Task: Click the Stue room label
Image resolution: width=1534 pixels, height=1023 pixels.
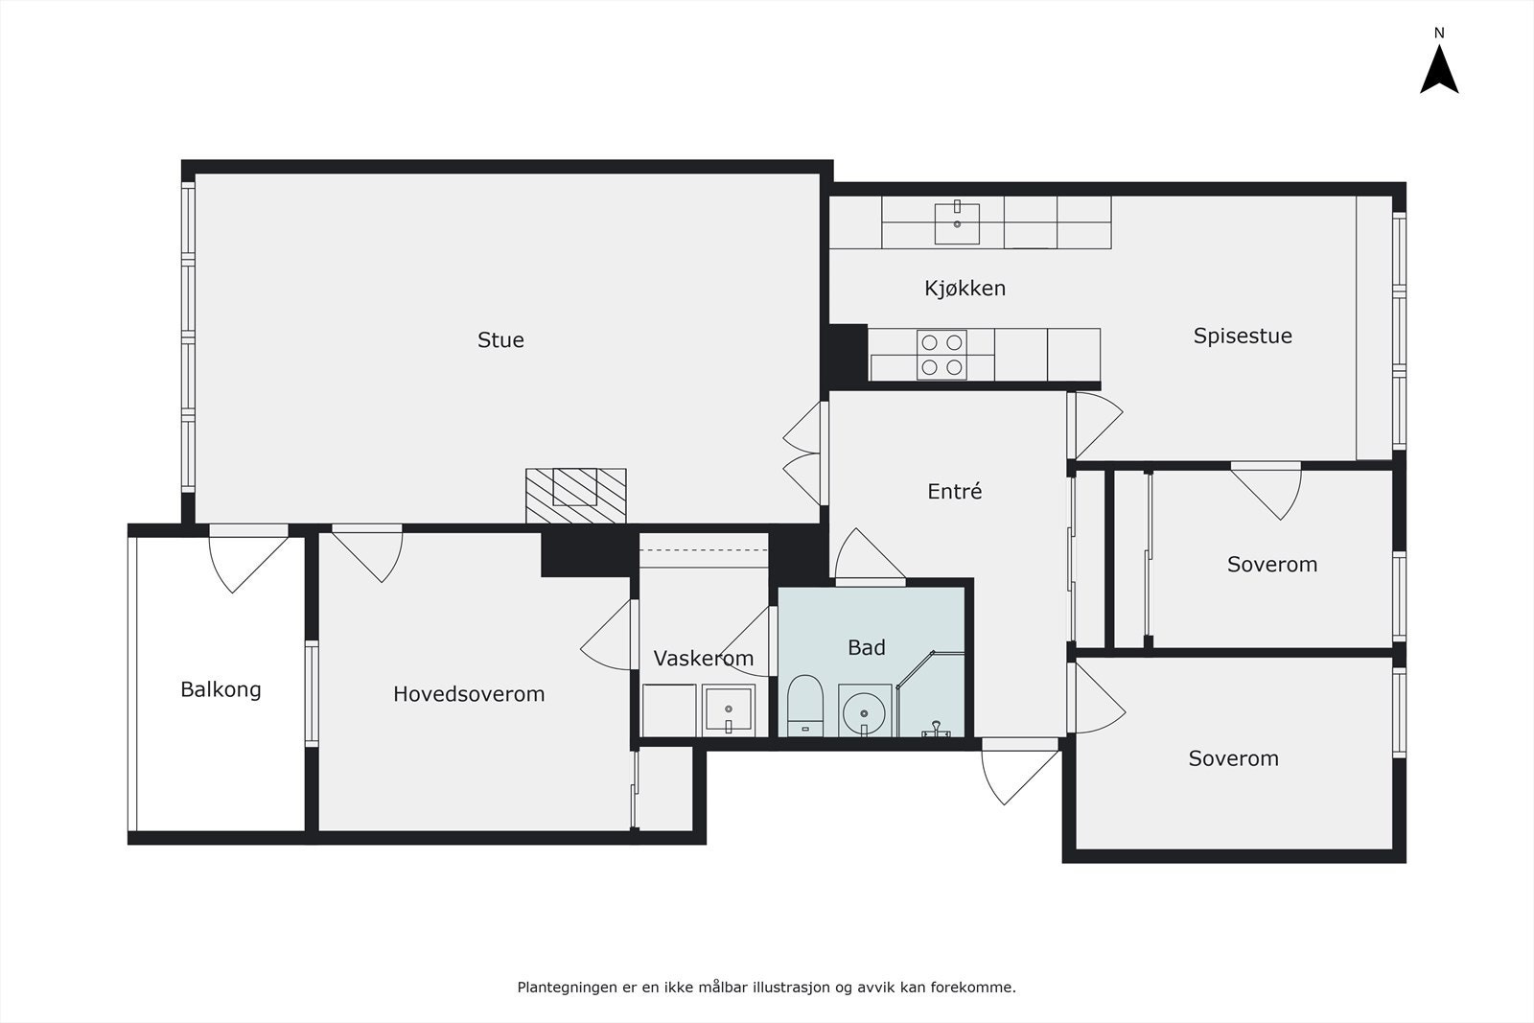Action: pyautogui.click(x=500, y=340)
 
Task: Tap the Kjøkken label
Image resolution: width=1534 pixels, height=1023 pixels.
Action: pyautogui.click(x=965, y=289)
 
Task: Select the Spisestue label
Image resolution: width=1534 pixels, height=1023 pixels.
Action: pyautogui.click(x=1243, y=337)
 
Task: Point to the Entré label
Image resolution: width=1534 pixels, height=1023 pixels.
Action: pyautogui.click(x=955, y=492)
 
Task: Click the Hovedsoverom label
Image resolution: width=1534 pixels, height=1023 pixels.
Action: pyautogui.click(x=469, y=694)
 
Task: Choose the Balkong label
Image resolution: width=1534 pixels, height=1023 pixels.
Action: pyautogui.click(x=221, y=689)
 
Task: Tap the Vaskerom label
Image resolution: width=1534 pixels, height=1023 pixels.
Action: pyautogui.click(x=703, y=659)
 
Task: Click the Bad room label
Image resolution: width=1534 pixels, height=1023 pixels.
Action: pyautogui.click(x=866, y=648)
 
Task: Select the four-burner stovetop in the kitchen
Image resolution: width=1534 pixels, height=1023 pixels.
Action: pyautogui.click(x=941, y=355)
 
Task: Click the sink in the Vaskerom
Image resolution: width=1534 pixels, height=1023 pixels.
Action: pyautogui.click(x=728, y=710)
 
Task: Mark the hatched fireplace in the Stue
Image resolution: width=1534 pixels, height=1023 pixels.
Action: pyautogui.click(x=575, y=495)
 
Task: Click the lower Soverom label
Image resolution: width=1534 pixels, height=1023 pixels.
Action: pyautogui.click(x=1233, y=758)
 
